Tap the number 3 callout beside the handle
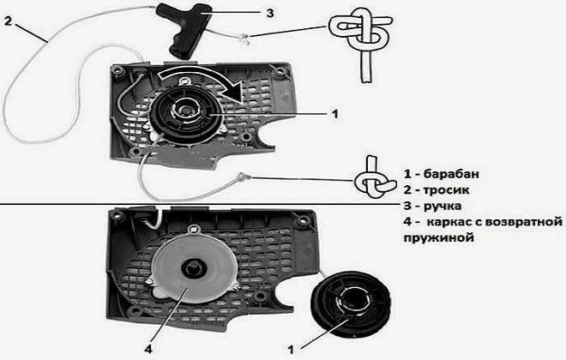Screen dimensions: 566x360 click(x=269, y=13)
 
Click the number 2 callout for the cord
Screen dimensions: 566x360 click(x=8, y=21)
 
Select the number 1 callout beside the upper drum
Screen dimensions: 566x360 click(x=335, y=114)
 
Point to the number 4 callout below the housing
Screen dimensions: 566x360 click(x=148, y=349)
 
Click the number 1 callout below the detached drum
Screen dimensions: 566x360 click(x=291, y=350)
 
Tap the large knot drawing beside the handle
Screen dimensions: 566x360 click(x=361, y=43)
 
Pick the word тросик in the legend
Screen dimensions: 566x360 click(x=446, y=190)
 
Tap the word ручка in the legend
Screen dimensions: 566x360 click(x=443, y=207)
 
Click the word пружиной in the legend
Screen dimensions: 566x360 click(x=438, y=238)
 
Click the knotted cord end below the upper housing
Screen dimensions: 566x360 click(x=242, y=177)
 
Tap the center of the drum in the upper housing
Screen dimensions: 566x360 click(x=185, y=109)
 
